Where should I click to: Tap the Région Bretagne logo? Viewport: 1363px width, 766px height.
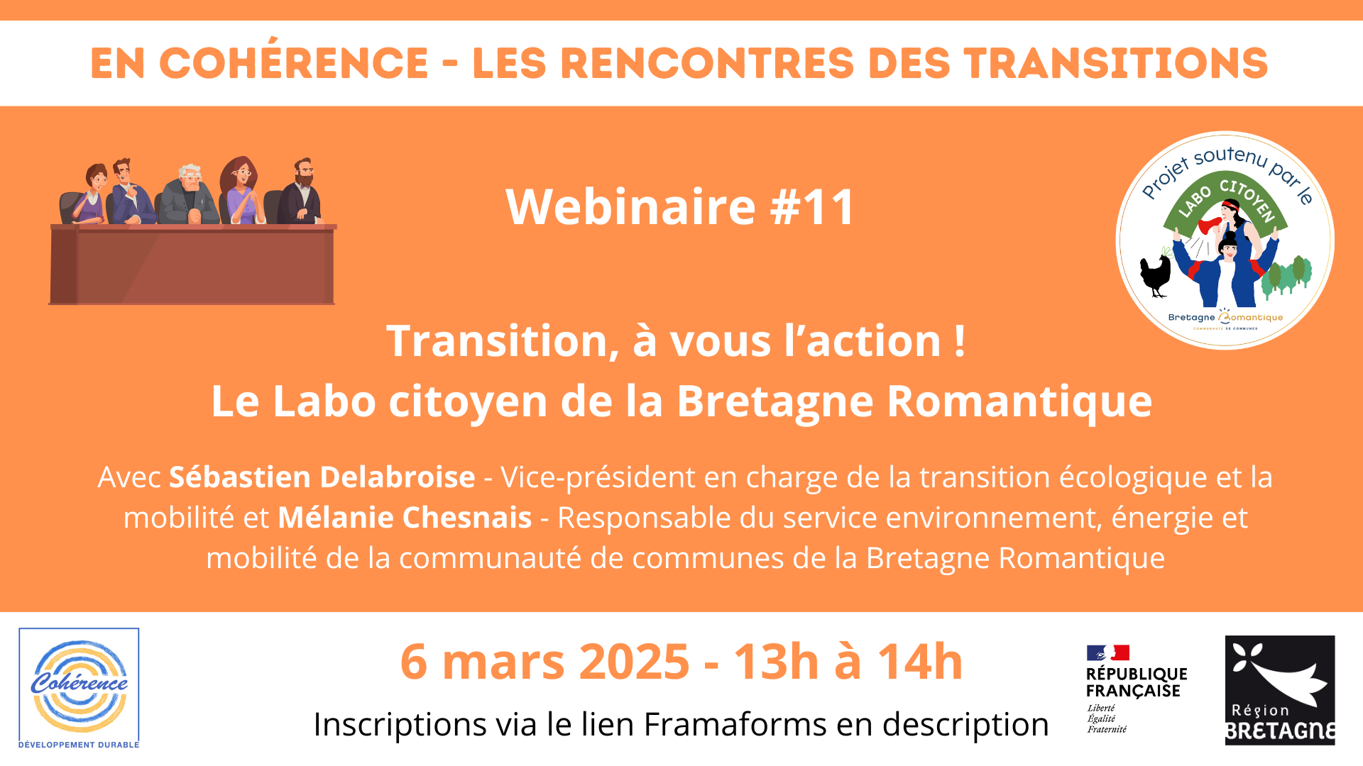point(1280,690)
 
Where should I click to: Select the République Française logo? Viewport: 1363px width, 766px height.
point(1137,689)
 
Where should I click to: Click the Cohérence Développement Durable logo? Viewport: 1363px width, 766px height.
point(79,688)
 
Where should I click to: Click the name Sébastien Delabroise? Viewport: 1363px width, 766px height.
point(322,477)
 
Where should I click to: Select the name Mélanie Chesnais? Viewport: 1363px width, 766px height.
point(405,518)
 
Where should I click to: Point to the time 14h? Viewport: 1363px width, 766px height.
point(920,662)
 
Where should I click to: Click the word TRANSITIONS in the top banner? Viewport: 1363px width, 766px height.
point(1116,63)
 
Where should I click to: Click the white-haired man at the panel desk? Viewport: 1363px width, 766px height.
point(188,194)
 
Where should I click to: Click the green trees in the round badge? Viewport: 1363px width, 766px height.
point(1286,274)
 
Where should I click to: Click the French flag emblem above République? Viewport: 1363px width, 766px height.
point(1107,653)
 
